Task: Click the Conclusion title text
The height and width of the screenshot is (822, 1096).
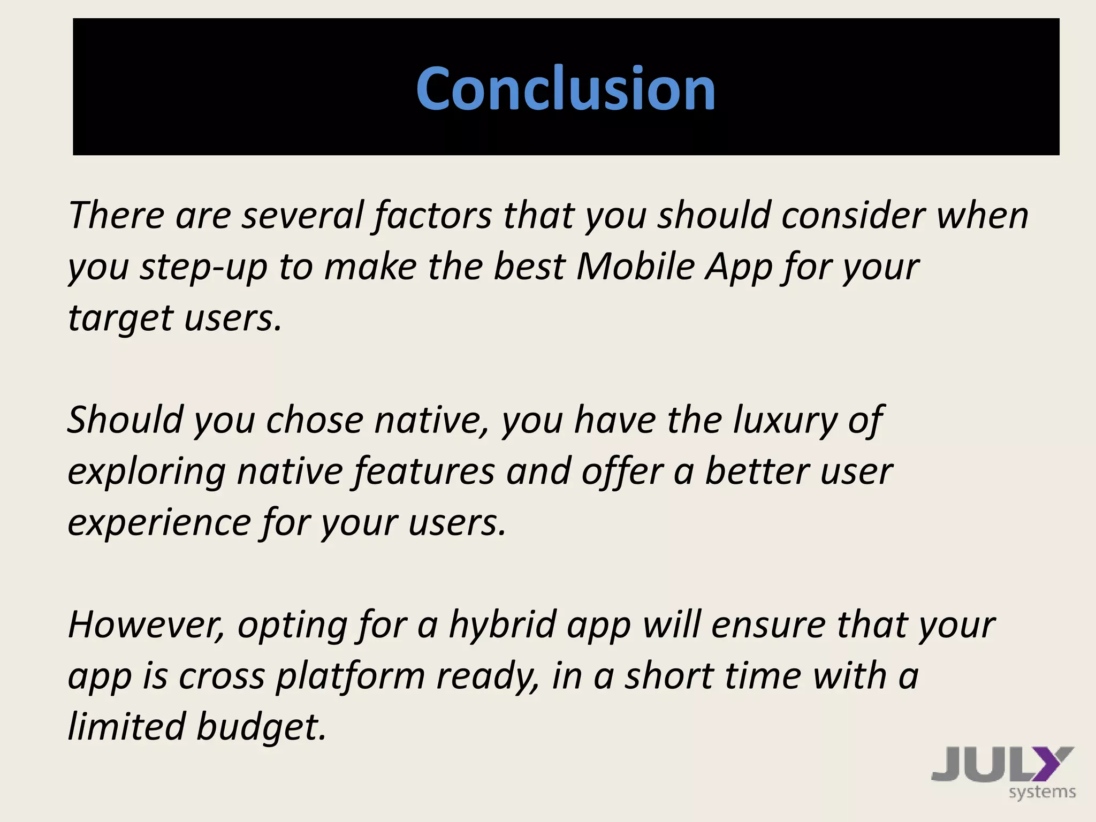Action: pyautogui.click(x=566, y=88)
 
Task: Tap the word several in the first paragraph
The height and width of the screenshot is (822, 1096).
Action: pyautogui.click(x=302, y=215)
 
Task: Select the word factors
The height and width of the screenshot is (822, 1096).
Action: pyautogui.click(x=432, y=215)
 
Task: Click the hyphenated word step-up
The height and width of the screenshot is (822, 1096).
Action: pyautogui.click(x=203, y=267)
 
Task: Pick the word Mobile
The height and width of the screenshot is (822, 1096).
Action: pyautogui.click(x=635, y=266)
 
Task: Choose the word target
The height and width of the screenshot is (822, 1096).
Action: pyautogui.click(x=120, y=318)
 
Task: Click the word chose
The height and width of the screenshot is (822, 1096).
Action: pyautogui.click(x=315, y=420)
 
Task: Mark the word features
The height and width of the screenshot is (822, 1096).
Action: pyautogui.click(x=424, y=471)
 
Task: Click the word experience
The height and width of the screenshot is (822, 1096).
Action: pyautogui.click(x=159, y=523)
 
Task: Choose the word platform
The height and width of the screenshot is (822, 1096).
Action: pyautogui.click(x=351, y=676)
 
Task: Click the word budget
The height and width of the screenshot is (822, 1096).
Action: pyautogui.click(x=261, y=727)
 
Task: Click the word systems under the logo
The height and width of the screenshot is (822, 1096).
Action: pyautogui.click(x=1042, y=793)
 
